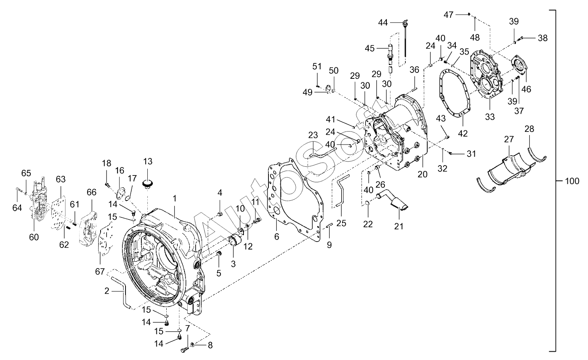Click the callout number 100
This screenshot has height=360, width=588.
572,181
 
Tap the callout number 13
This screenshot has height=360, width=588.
148,161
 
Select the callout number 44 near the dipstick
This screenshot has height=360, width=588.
383,23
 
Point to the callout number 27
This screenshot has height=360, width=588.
509,139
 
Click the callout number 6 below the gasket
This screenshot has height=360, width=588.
277,236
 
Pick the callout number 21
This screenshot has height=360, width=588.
398,226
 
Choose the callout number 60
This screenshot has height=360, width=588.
34,237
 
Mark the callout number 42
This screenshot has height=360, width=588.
463,133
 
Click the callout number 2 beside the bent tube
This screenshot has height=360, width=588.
107,291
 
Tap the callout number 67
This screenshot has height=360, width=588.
100,272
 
